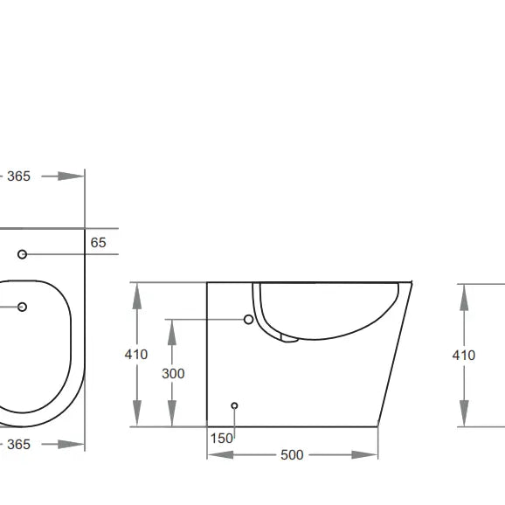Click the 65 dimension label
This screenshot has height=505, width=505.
click(98, 243)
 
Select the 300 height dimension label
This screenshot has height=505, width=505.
click(173, 374)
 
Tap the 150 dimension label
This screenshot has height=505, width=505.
click(223, 438)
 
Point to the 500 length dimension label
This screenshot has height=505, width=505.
click(292, 454)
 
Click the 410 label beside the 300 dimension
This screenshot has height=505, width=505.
click(135, 355)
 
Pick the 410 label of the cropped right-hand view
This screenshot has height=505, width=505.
click(463, 355)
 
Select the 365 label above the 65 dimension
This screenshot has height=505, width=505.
click(18, 176)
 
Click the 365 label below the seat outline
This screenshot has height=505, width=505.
click(18, 445)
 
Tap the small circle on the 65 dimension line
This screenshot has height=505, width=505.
click(23, 254)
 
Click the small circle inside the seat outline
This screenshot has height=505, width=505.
click(23, 307)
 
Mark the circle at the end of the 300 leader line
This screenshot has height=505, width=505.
click(248, 320)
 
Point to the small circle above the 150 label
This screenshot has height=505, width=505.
click(233, 405)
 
